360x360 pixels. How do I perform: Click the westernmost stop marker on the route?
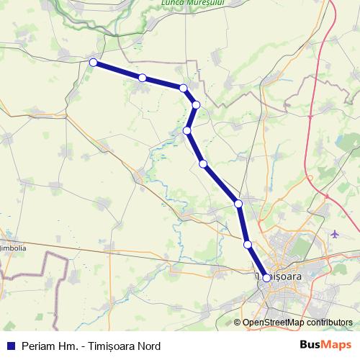coord(93,63)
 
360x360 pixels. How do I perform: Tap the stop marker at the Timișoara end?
coord(266,277)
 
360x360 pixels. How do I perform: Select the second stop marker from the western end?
coord(143,77)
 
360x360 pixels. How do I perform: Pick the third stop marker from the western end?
coord(184,88)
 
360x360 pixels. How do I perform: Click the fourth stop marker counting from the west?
coord(196,105)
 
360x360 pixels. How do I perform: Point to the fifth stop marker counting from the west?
coord(187,130)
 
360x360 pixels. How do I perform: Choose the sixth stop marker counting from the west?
coord(204,164)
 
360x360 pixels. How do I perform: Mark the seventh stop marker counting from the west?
coord(238,204)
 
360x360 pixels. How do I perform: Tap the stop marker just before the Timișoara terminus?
coord(248,245)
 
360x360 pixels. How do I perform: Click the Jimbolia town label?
coord(14,248)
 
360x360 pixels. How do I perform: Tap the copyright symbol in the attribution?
coord(238,323)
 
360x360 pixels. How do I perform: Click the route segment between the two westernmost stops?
coord(117,70)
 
